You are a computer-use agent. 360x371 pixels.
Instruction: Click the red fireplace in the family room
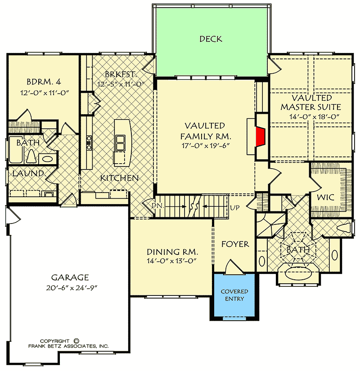(260, 137)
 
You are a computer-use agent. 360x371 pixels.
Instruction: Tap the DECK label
(211, 39)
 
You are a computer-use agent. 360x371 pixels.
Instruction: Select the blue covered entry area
(234, 295)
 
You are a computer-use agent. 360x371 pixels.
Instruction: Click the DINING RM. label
(172, 252)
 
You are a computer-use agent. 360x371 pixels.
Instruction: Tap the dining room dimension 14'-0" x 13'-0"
(172, 261)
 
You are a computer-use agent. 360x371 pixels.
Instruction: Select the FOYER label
(235, 244)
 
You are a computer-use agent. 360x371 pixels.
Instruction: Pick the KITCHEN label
(119, 178)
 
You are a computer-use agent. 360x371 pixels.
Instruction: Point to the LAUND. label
(28, 173)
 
